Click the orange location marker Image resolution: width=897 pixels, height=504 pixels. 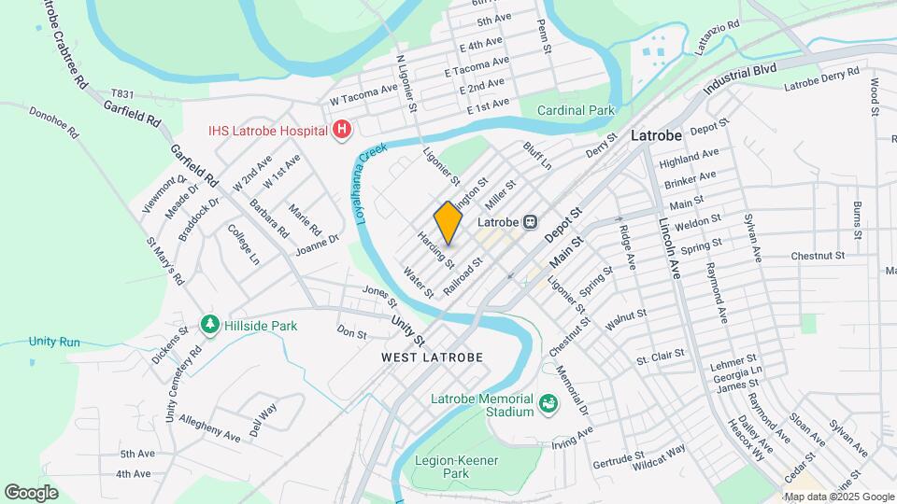coord(448,223)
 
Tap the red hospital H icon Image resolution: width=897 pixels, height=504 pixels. coord(342,129)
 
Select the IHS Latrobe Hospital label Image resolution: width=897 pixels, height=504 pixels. coord(268,129)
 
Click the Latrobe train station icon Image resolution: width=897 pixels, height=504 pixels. coord(530,223)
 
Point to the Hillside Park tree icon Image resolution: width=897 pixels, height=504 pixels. coord(209,326)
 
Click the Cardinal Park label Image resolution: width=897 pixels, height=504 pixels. coord(576,110)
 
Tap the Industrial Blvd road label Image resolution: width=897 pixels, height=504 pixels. coord(741,77)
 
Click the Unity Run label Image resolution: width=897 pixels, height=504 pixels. coord(54,342)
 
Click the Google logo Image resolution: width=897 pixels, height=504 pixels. coord(31,493)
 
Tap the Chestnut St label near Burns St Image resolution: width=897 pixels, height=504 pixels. coord(818,255)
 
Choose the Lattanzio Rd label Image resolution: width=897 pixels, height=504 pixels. coord(715,25)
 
